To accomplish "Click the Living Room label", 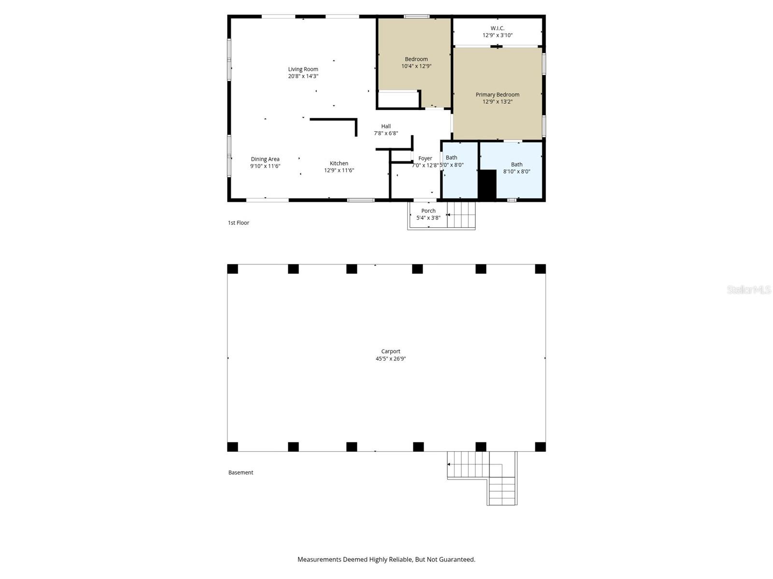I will tap(303, 69).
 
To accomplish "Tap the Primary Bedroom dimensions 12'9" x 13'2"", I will tap(497, 102).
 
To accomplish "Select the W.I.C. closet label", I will tap(497, 28).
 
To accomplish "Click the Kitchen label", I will tap(339, 163).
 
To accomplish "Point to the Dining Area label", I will tap(265, 159).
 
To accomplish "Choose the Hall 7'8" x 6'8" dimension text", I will tap(386, 133).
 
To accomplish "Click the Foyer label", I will tap(425, 158).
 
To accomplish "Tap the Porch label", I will tap(428, 210).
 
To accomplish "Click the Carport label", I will tap(390, 351).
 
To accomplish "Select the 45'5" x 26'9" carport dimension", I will tap(390, 358).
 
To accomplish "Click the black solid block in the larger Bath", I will tap(487, 184).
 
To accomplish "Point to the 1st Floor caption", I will tap(239, 222).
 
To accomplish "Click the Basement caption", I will tap(241, 472).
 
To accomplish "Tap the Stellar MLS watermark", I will tap(748, 289).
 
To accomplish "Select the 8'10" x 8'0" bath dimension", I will tap(516, 171).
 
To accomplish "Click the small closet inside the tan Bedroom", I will tap(398, 100).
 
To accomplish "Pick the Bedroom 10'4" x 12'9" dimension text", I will tap(416, 66).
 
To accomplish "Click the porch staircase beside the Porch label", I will tap(461, 215).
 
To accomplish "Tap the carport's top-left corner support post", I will tap(232, 269).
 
